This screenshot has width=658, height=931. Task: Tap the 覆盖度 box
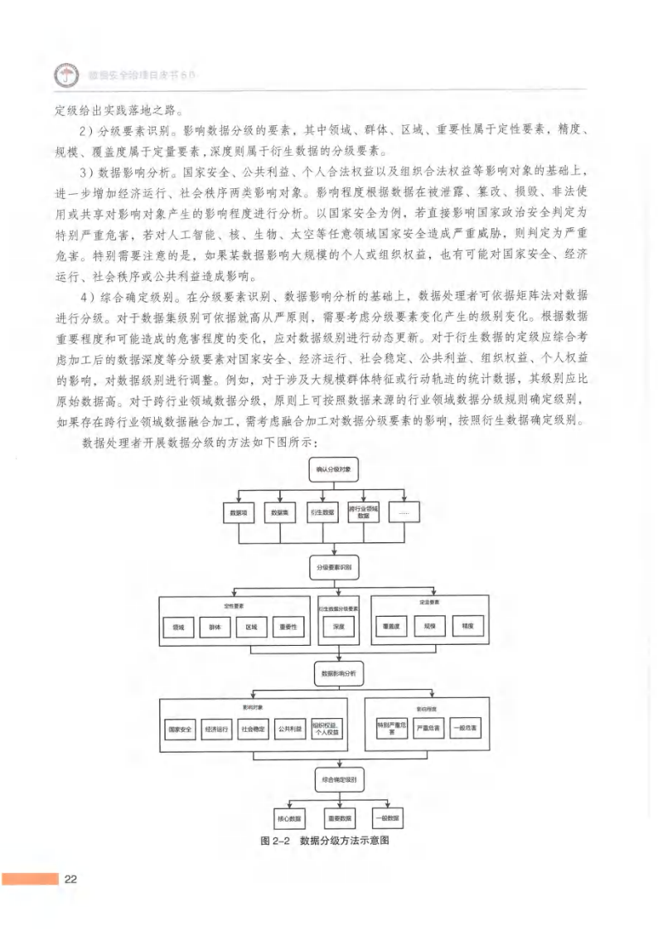click(391, 628)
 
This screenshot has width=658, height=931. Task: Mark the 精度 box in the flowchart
click(468, 628)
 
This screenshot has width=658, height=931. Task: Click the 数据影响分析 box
click(337, 674)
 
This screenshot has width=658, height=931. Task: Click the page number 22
click(70, 879)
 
